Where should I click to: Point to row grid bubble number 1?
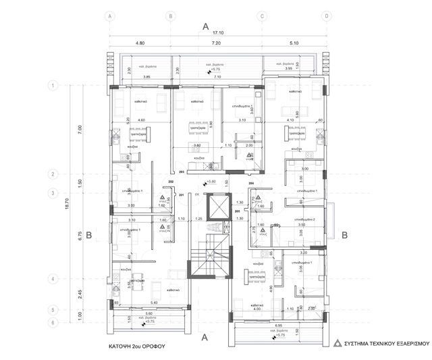click(55, 86)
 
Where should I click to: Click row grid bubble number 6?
click(55, 323)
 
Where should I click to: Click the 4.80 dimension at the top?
click(140, 43)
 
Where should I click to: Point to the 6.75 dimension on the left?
click(80, 236)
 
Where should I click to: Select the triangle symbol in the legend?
click(336, 343)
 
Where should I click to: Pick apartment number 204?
click(251, 183)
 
